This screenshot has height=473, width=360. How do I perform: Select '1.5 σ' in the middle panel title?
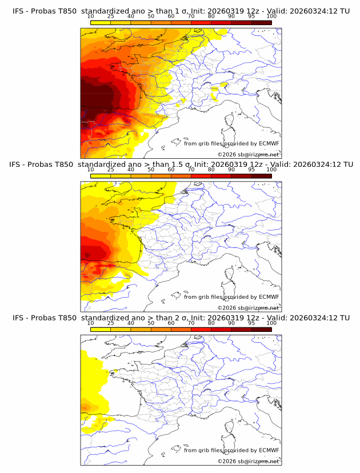[x=182, y=164]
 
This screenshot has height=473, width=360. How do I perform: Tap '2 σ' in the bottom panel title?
[x=179, y=318]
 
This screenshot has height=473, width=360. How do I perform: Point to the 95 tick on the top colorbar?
[x=251, y=16]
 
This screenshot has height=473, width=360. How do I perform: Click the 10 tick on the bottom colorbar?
[x=90, y=323]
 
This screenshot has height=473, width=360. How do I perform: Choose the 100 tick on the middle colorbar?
[x=271, y=169]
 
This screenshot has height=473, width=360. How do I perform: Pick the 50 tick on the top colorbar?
[x=151, y=16]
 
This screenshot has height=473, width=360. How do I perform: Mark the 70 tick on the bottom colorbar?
[x=191, y=323]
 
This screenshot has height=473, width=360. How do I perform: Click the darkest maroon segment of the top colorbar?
[x=261, y=22]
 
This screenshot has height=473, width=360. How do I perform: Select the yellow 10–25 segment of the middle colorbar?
[x=101, y=175]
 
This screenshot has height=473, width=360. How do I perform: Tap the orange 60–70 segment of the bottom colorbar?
[x=181, y=329]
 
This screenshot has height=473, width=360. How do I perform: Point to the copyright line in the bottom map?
[x=248, y=461]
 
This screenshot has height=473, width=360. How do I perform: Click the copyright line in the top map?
[x=248, y=154]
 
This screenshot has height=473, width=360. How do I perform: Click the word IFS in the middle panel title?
[x=18, y=164]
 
